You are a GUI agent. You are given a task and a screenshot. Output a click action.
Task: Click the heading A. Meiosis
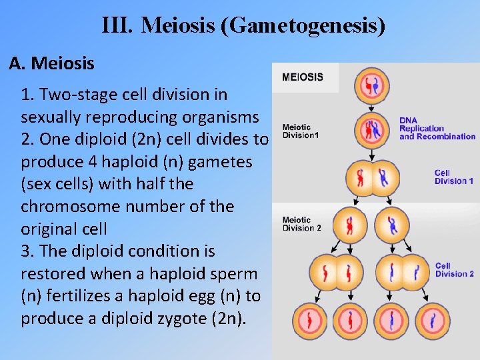pos(51,64)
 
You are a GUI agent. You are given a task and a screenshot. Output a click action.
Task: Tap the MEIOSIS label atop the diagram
pos(303,77)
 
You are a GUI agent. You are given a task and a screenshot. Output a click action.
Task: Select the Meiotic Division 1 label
pos(301,131)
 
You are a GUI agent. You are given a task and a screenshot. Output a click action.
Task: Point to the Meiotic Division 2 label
pos(301,224)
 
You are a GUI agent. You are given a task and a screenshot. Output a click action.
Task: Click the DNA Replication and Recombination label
pos(437,129)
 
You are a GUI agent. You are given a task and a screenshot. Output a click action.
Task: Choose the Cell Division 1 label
pos(454,177)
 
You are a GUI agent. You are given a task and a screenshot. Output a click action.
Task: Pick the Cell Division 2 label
pos(454,269)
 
